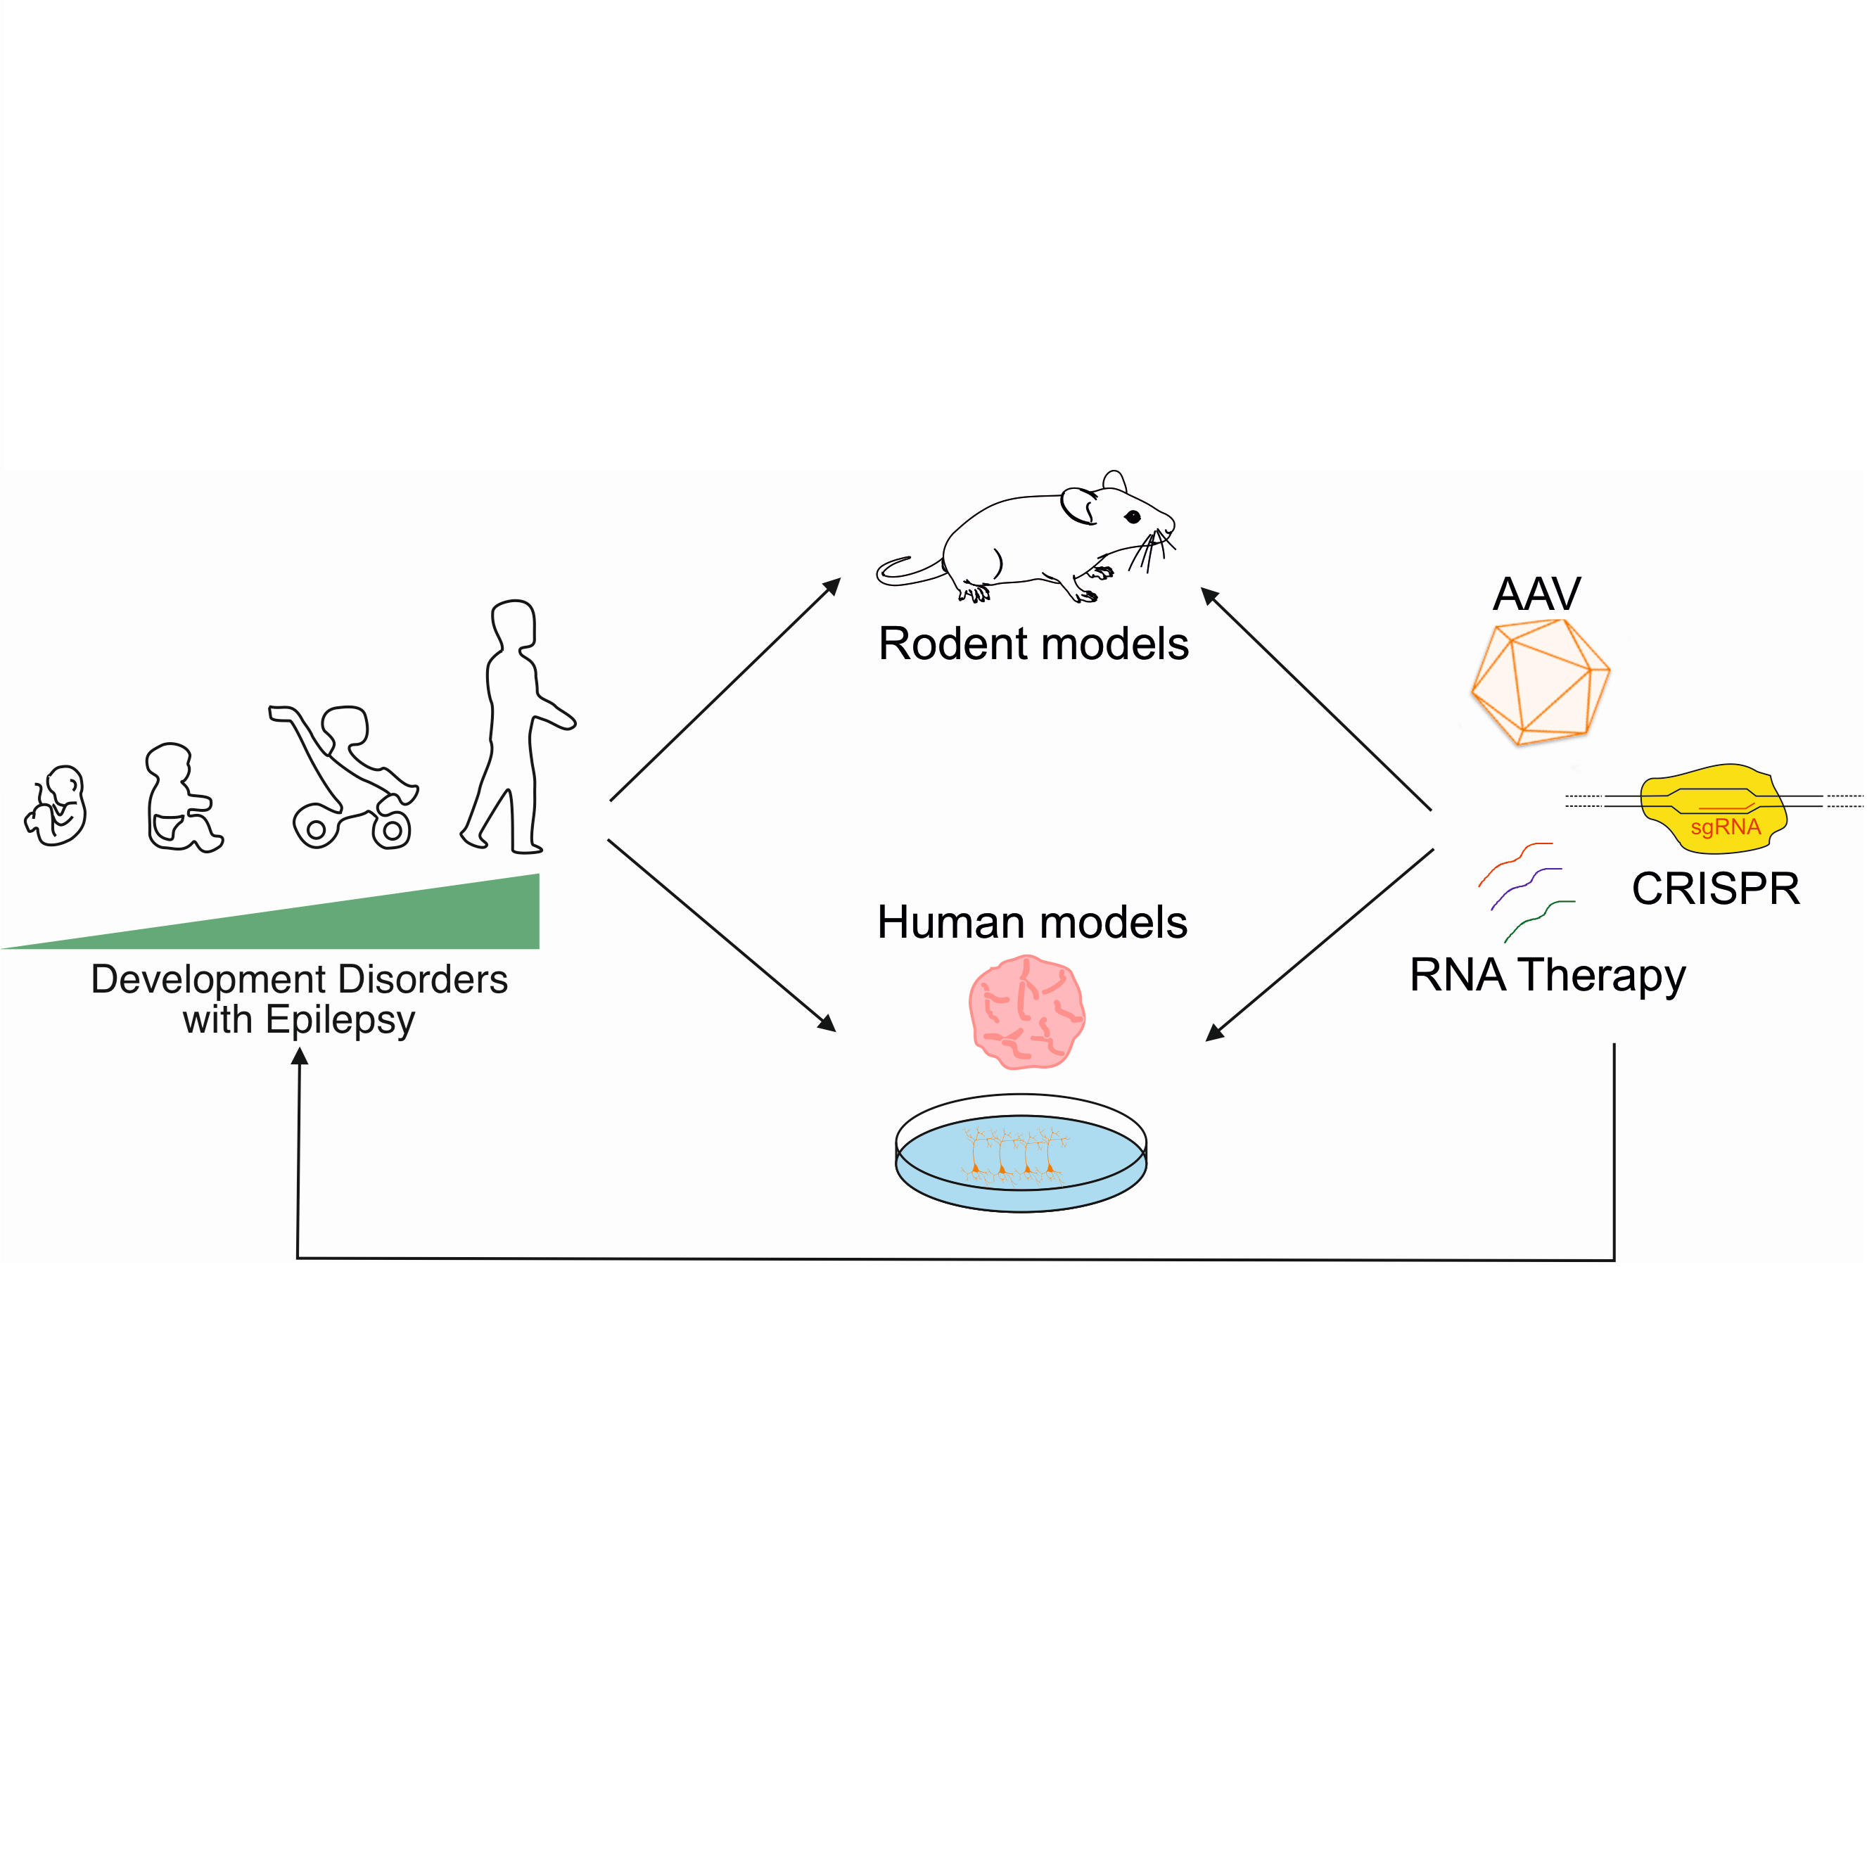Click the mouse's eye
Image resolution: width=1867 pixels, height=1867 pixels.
click(1133, 517)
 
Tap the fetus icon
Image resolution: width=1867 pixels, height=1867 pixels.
click(57, 806)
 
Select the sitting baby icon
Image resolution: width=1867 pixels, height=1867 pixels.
click(181, 798)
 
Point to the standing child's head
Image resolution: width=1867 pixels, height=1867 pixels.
click(513, 625)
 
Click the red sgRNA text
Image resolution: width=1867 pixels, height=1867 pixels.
click(1725, 827)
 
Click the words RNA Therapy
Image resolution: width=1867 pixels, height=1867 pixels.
click(1547, 975)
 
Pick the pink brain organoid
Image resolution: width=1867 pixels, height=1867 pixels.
click(1026, 1012)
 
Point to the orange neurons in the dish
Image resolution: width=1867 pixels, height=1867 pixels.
click(1014, 1155)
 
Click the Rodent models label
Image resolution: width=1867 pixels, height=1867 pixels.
click(1033, 644)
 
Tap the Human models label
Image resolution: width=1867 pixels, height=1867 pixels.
click(1032, 922)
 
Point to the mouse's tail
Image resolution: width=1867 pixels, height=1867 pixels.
click(908, 573)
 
